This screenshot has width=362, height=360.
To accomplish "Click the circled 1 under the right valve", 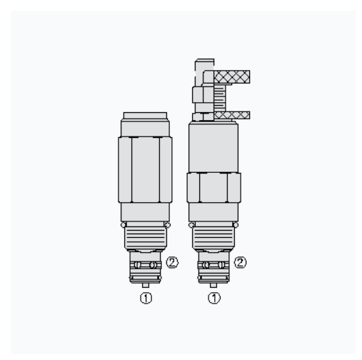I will click(213, 296).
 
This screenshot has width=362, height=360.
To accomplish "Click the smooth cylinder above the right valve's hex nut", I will click(213, 146).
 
